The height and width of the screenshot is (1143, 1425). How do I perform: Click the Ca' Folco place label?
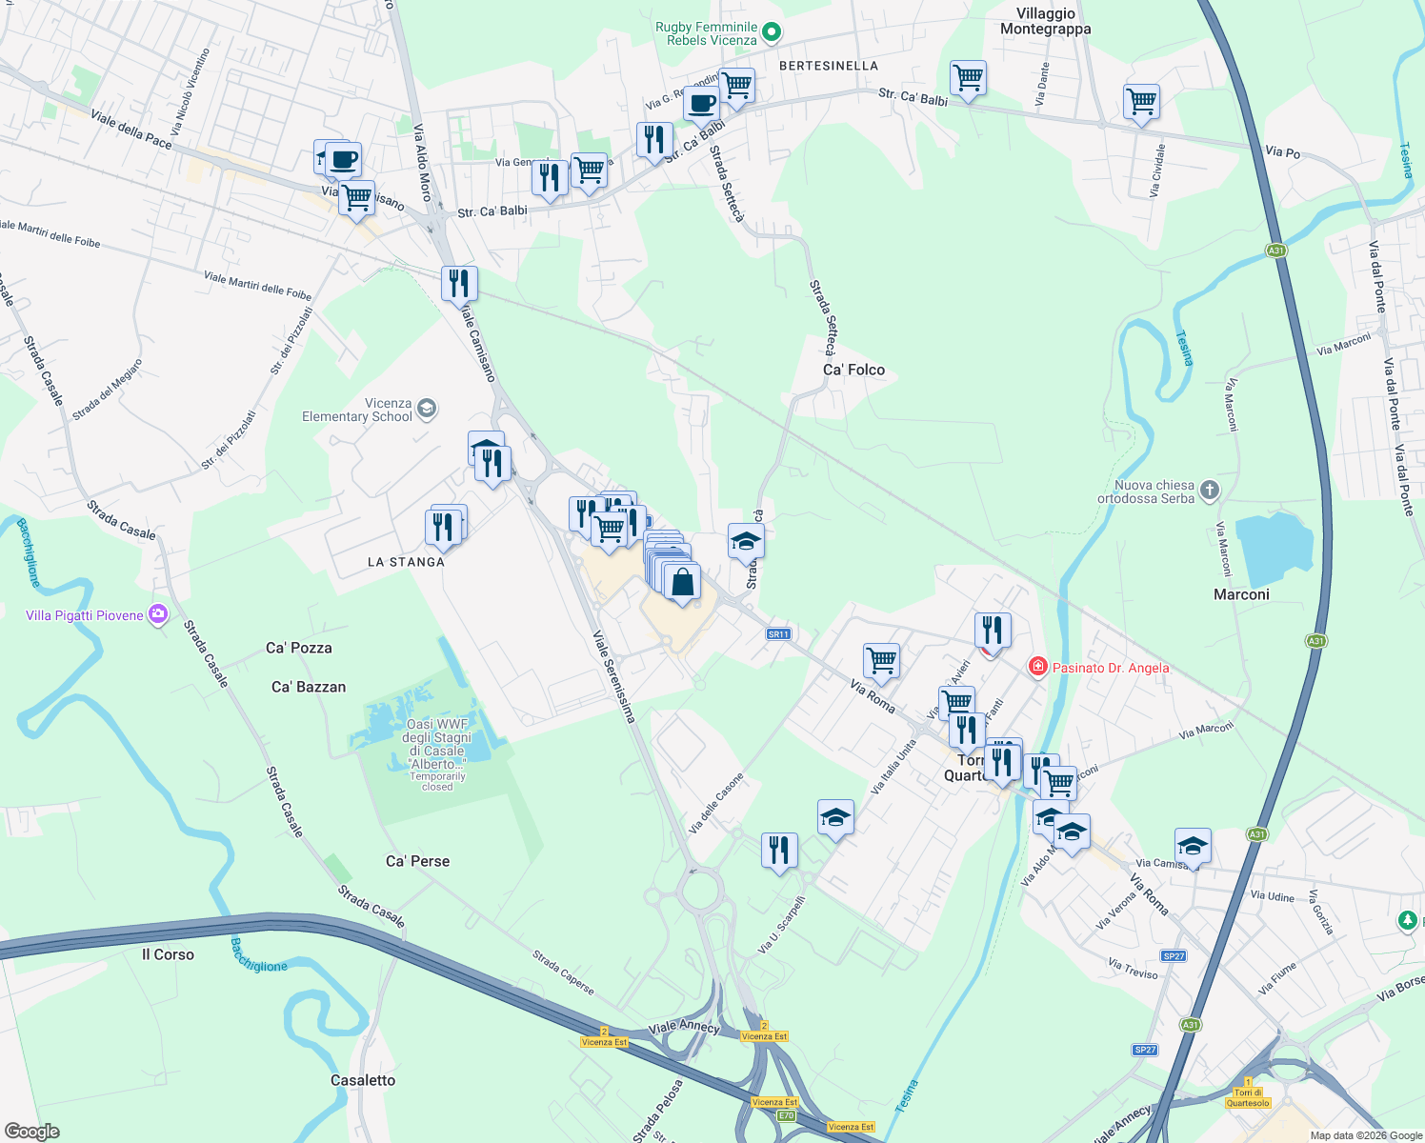coord(853,370)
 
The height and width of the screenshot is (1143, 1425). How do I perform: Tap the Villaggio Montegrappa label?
coord(1045,21)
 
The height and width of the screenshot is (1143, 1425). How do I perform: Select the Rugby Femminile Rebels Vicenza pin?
coord(773,33)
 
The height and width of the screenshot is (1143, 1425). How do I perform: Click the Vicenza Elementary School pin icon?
coord(427,410)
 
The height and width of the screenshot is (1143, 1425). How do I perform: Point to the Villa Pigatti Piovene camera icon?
coord(158,615)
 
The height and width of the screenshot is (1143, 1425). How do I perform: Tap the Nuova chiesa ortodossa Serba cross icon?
coord(1209,491)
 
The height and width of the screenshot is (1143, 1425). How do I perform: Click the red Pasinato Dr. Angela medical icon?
coord(1038,667)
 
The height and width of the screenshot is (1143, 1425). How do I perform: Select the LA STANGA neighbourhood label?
coord(406,562)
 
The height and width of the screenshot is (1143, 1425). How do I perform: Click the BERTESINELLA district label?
coord(829,66)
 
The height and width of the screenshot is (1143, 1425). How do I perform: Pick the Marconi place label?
coord(1241,594)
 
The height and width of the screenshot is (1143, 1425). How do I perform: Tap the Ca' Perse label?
coord(417,861)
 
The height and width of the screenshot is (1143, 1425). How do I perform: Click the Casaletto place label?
coord(363,1080)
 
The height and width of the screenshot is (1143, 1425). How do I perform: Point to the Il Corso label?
coord(168,954)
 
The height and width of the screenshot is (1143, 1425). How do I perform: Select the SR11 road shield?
coord(778,634)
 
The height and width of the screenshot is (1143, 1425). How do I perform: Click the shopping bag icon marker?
coord(682,581)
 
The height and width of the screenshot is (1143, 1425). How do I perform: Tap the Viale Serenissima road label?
coord(613,676)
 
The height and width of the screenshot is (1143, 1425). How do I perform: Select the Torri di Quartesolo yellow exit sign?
coord(1248,1097)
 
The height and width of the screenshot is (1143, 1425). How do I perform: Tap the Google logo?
coord(32,1132)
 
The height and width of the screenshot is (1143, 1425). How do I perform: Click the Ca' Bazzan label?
coord(309,687)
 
